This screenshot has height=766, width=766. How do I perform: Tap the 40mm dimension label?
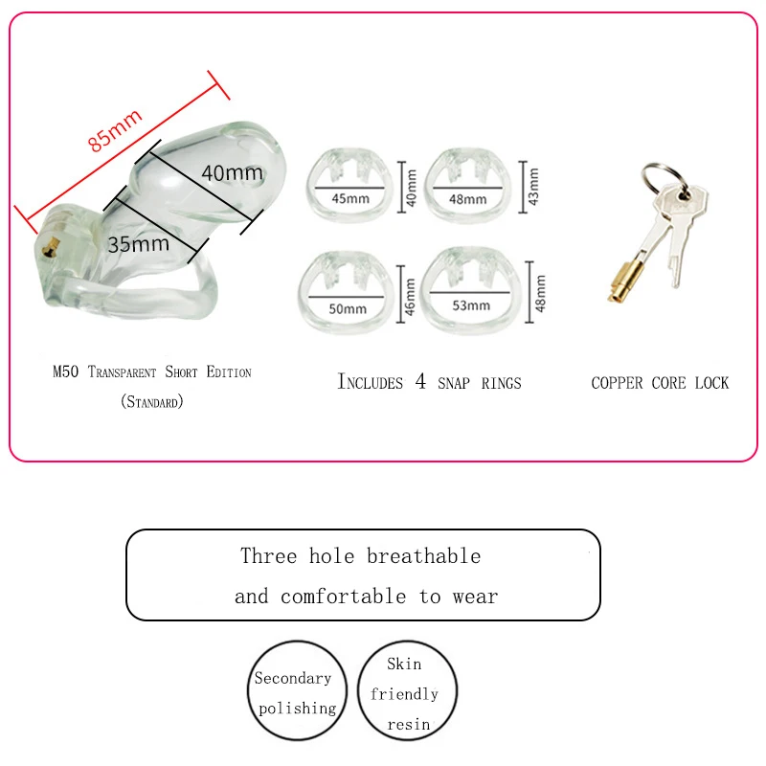[x=232, y=173]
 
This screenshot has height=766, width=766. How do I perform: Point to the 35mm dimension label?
[x=138, y=243]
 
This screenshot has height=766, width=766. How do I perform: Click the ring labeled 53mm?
[x=471, y=291]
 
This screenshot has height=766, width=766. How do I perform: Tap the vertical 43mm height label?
[x=533, y=186]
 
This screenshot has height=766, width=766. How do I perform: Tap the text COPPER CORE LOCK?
[x=660, y=383]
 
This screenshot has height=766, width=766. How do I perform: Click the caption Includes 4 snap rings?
[x=429, y=382]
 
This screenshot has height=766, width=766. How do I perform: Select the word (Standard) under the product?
[x=151, y=402]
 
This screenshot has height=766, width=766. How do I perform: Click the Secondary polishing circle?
[x=296, y=692]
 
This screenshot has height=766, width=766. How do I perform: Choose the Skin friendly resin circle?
[x=406, y=692]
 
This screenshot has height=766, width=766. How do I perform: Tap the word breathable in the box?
[x=423, y=556]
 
